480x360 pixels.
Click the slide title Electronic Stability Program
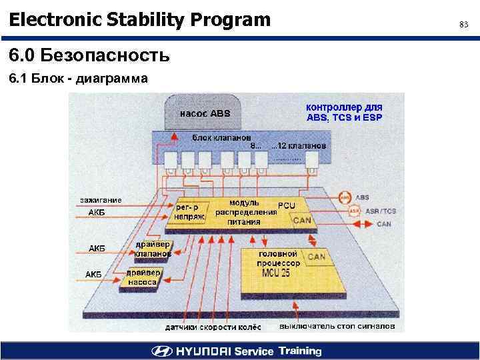click(x=140, y=20)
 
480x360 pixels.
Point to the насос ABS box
click(x=203, y=114)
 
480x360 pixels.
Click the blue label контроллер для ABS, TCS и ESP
click(x=344, y=112)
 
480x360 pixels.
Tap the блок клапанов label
click(x=217, y=137)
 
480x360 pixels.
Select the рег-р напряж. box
click(x=191, y=211)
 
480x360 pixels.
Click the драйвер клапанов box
click(x=153, y=249)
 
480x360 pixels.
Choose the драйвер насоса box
click(x=143, y=277)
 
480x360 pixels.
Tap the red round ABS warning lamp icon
click(x=344, y=198)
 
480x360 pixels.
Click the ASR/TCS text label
click(x=381, y=211)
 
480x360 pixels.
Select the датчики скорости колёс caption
click(x=213, y=327)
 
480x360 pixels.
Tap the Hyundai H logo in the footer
click(x=162, y=351)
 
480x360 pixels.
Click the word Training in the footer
click(x=299, y=351)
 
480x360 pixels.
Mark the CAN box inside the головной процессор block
click(x=316, y=256)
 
